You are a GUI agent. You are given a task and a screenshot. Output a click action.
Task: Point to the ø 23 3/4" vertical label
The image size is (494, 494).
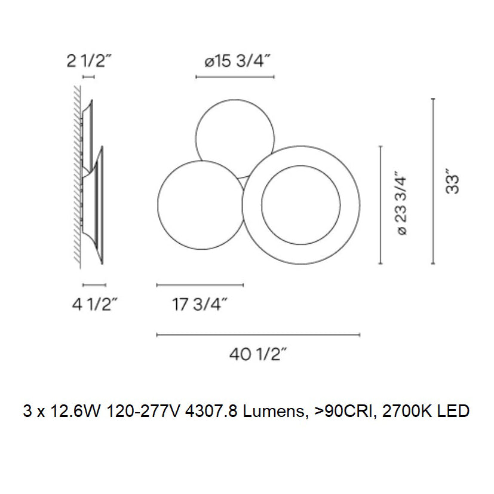pos(402,205)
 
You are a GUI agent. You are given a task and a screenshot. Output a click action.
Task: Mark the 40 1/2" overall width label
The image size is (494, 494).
pos(258,355)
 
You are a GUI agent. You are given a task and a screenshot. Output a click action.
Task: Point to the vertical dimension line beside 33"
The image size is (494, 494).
pos(433,181)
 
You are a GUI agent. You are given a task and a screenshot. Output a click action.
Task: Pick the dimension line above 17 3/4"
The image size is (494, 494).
pos(200,285)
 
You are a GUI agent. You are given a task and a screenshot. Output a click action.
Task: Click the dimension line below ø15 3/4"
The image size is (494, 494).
pos(235,77)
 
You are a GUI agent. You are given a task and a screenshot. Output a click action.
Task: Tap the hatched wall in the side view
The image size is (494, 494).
pos(76,179)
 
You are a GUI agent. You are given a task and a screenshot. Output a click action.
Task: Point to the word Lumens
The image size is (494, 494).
pos(269,411)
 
